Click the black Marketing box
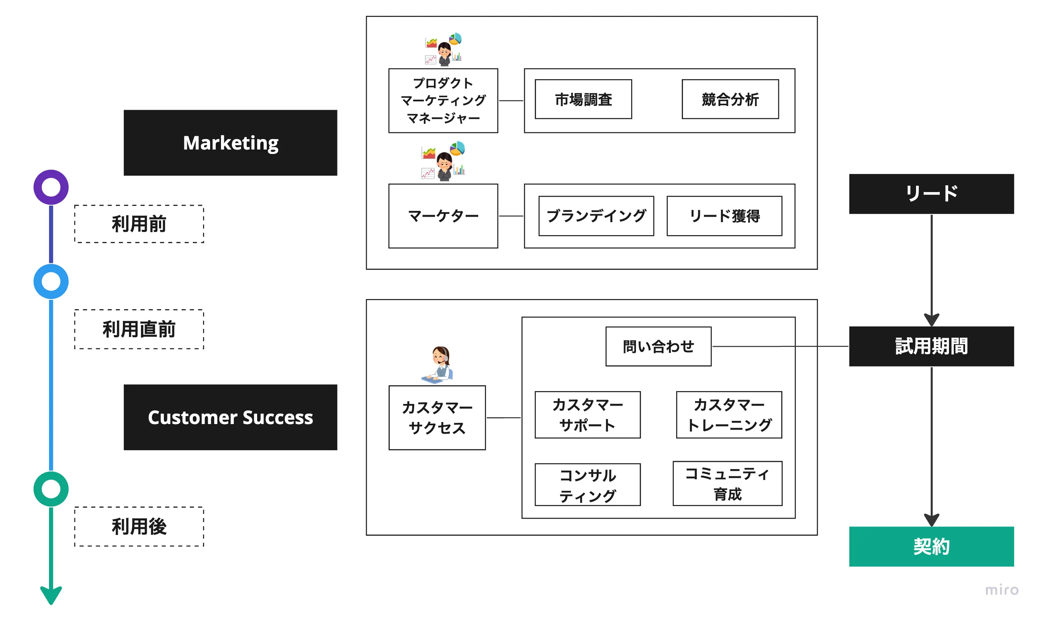coord(230,143)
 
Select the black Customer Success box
coord(230,417)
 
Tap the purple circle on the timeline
coord(51,187)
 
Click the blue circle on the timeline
coord(51,281)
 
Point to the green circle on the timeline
coord(51,489)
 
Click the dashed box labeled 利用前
coord(139,224)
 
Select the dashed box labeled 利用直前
coord(139,329)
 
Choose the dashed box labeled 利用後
coord(139,527)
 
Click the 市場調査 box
coord(583,99)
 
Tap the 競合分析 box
coord(730,99)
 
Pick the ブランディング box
coord(596,216)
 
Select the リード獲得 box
coord(724,216)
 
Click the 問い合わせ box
coord(658,346)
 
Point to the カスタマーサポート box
coord(587,415)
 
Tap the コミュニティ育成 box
coord(727,484)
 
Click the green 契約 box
coord(931,546)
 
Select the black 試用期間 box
coord(931,346)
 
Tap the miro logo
coord(1002,590)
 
